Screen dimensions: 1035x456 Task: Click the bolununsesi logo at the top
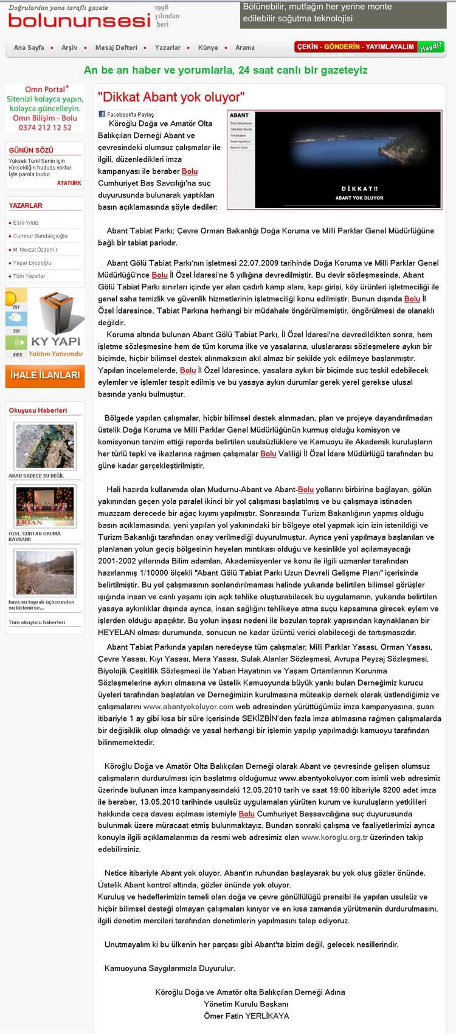[79, 21]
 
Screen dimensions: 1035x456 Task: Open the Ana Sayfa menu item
[29, 47]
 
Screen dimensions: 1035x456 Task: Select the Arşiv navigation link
[69, 47]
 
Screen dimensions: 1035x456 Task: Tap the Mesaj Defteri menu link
[116, 47]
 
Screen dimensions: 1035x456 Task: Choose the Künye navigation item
[208, 47]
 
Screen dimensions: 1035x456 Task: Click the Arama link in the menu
[245, 47]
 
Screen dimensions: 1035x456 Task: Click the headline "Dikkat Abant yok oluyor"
[171, 96]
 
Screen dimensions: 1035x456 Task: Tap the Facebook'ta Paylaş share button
[127, 114]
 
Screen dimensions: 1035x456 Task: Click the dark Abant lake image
[334, 159]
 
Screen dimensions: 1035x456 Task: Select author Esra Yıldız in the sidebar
[26, 223]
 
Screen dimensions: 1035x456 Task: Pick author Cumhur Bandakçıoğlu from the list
[40, 236]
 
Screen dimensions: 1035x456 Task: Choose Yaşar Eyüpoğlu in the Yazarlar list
[32, 263]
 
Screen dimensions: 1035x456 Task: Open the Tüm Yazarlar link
[29, 277]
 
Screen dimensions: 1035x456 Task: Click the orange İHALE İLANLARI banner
[44, 376]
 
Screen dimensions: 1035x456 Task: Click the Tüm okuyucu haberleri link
[36, 622]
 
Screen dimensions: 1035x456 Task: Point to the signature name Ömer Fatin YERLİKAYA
[247, 1016]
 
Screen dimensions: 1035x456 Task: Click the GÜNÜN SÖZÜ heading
[31, 150]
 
